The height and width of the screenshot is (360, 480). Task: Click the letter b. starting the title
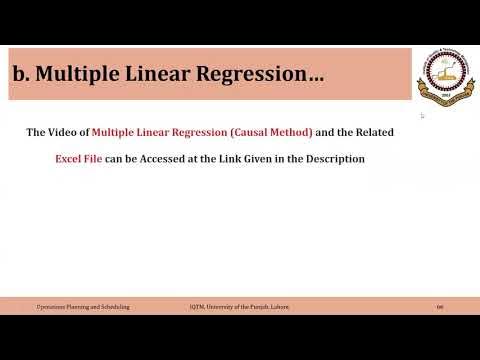click(x=22, y=74)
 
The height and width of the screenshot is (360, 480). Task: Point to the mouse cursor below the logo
click(x=422, y=116)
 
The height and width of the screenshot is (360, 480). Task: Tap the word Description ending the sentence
click(x=336, y=159)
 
